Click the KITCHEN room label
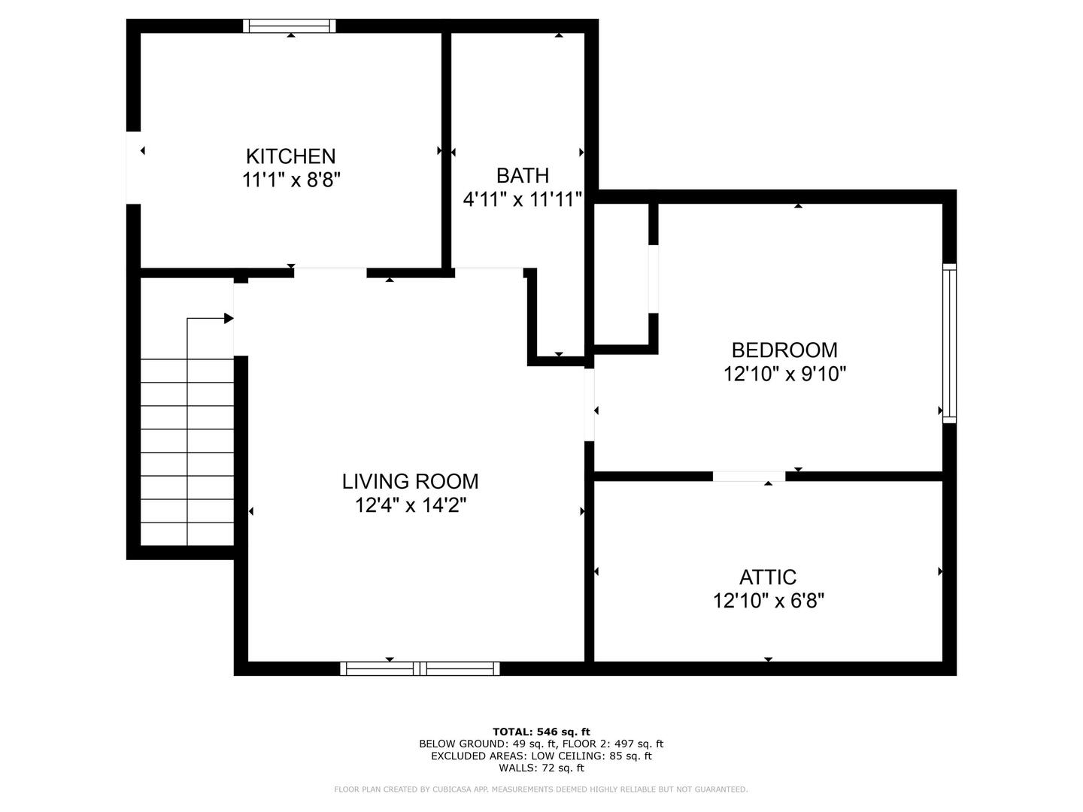(290, 156)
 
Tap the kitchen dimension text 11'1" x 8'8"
(291, 180)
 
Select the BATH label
(523, 175)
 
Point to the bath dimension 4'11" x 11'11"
(523, 200)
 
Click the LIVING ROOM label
(410, 481)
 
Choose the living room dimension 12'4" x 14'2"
(411, 505)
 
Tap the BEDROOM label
(784, 350)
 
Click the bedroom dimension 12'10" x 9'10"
(784, 374)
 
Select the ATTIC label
(768, 577)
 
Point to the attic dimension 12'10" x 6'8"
(769, 601)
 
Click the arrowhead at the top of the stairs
(229, 318)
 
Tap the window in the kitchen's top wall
(290, 26)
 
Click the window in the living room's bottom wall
(420, 668)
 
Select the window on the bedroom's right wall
(949, 343)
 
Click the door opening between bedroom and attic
(749, 476)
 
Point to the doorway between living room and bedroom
(589, 404)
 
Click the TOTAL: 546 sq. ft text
(541, 732)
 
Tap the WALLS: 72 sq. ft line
(541, 768)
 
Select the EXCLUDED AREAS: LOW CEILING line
(541, 756)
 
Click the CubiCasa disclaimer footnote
(541, 789)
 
